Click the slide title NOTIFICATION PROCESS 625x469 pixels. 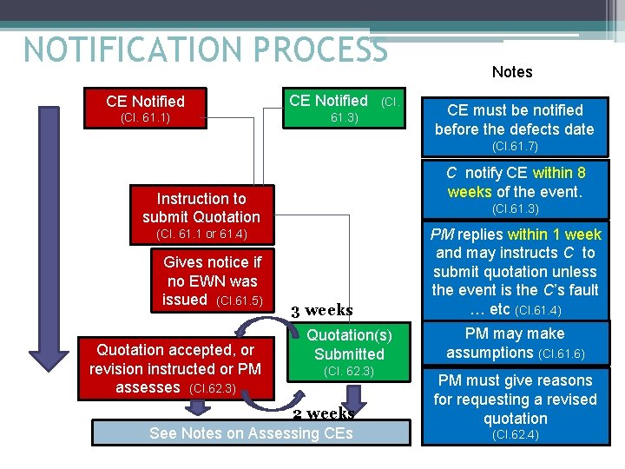(x=206, y=49)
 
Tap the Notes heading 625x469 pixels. (x=512, y=72)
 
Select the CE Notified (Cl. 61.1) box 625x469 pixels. (x=145, y=108)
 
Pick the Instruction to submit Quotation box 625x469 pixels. (x=201, y=208)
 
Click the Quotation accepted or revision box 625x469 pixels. (x=175, y=368)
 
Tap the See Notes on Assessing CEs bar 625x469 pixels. (x=251, y=433)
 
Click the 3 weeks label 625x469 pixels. (x=321, y=310)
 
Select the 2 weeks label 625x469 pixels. (x=323, y=413)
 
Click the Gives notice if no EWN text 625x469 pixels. (x=212, y=281)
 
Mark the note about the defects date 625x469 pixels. (x=515, y=120)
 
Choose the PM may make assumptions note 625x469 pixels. (x=515, y=343)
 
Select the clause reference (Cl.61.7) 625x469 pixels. (x=515, y=146)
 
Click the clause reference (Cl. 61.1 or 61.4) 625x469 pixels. (x=201, y=234)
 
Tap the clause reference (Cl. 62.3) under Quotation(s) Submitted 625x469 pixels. (x=349, y=372)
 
